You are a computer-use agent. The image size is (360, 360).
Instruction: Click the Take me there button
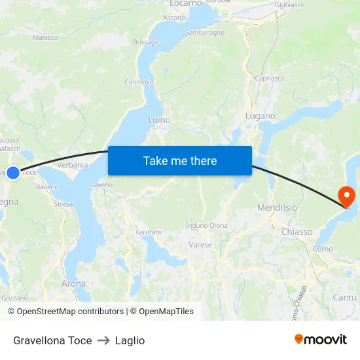[180, 160]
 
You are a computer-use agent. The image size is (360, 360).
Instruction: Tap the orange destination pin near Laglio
[345, 196]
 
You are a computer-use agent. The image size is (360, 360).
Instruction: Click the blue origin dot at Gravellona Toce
[13, 173]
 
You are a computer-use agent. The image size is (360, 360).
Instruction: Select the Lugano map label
[260, 116]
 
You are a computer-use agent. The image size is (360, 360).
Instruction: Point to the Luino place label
[159, 120]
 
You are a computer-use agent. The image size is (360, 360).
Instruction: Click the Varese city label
[200, 245]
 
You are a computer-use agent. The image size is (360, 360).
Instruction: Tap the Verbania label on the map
[73, 165]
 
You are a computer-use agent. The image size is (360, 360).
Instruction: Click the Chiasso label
[297, 232]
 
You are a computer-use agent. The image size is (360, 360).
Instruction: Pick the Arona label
[73, 283]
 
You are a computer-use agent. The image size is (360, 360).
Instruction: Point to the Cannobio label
[139, 82]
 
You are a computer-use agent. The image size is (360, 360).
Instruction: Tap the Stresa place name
[63, 204]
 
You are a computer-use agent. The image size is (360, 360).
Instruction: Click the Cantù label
[346, 297]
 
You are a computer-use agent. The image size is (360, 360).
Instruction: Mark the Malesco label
[45, 38]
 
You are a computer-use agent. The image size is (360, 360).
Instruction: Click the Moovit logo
[321, 340]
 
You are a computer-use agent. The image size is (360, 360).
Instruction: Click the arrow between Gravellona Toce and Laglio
[103, 340]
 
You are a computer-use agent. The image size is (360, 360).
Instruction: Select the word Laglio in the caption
[130, 340]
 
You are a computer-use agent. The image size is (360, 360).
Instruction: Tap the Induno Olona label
[207, 225]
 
